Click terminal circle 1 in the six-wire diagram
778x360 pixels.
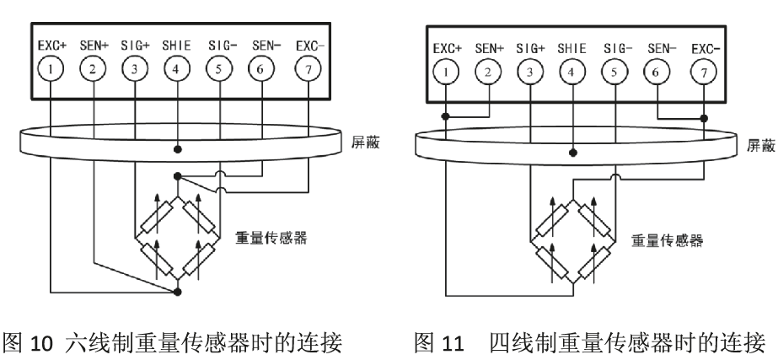click(52, 70)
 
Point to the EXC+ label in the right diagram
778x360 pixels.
click(446, 48)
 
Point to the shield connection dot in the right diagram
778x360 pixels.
click(573, 153)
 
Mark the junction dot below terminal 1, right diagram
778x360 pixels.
click(446, 117)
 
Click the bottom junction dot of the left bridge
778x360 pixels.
click(176, 293)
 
